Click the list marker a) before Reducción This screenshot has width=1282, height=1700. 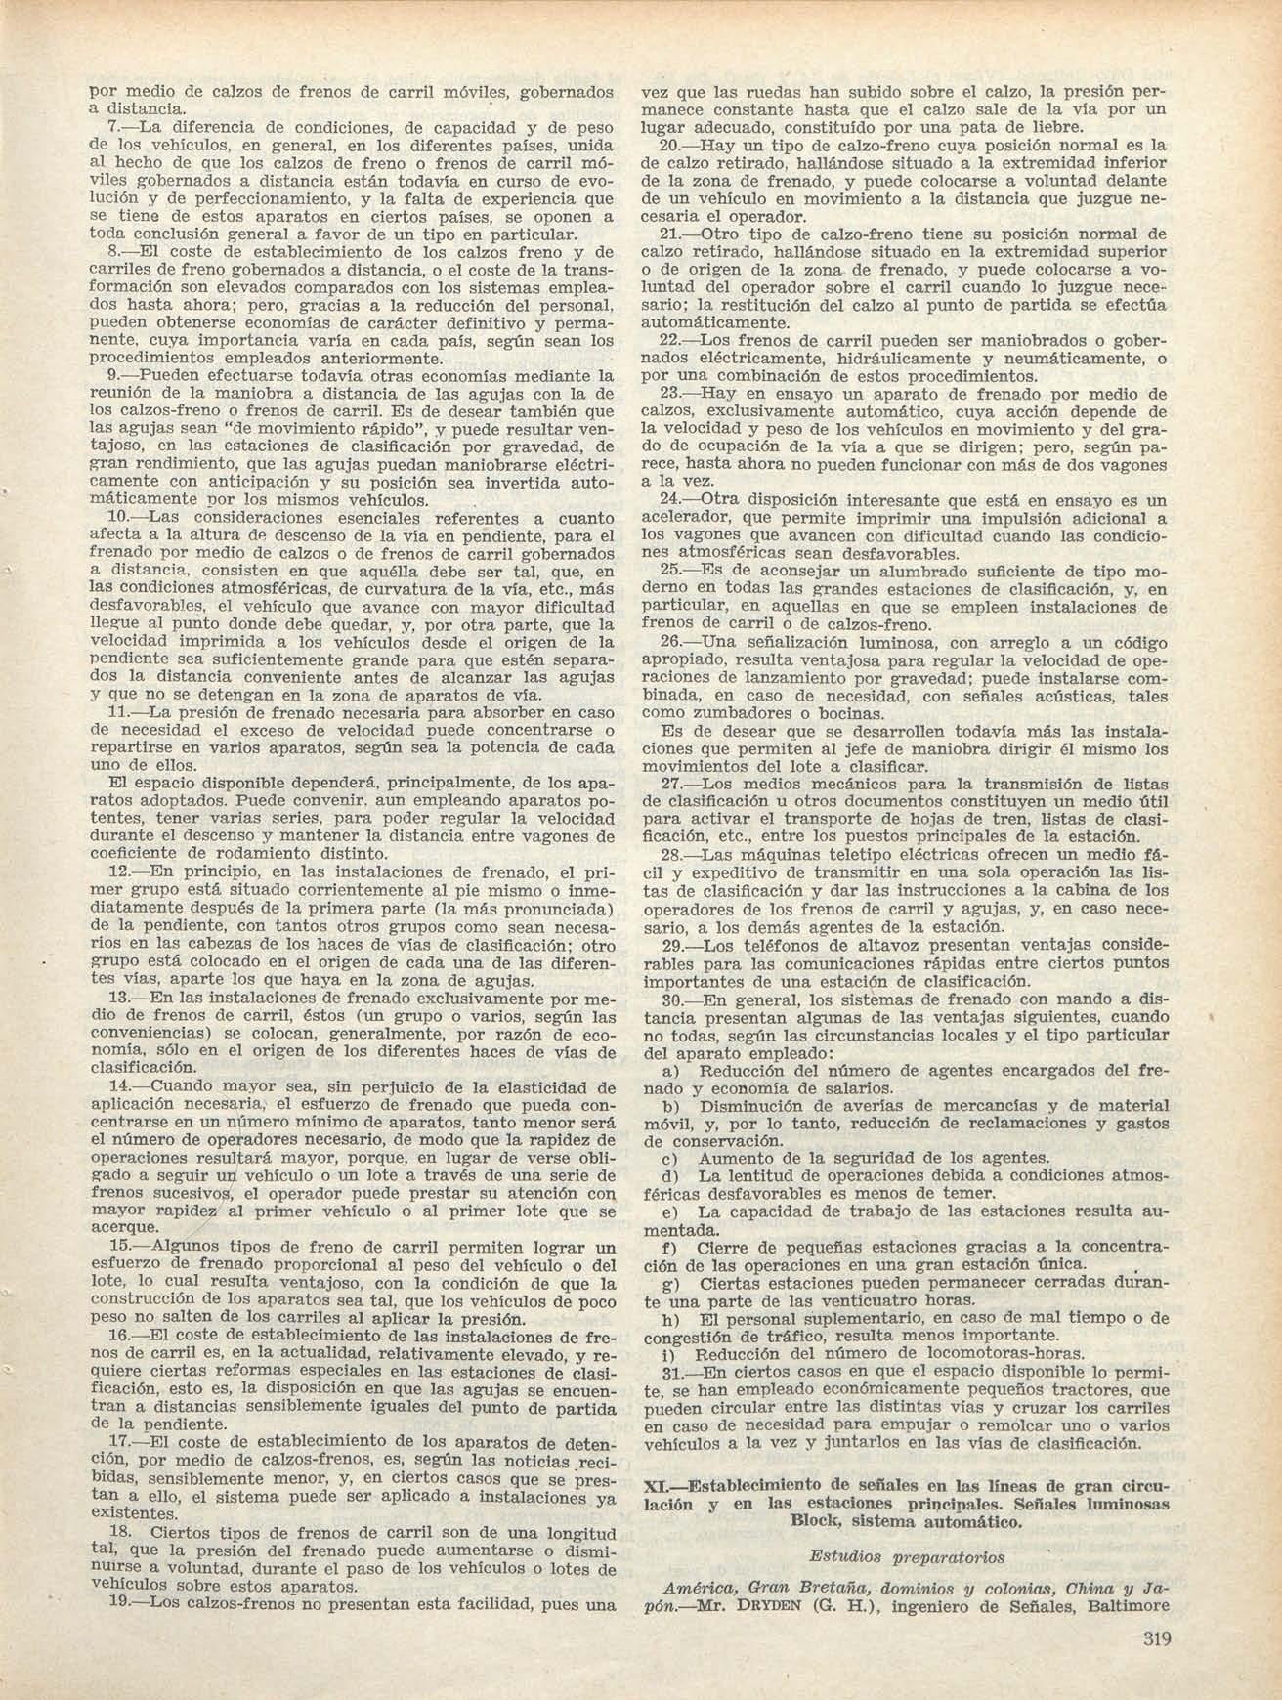[669, 1070]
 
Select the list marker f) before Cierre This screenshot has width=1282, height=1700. [669, 1248]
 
